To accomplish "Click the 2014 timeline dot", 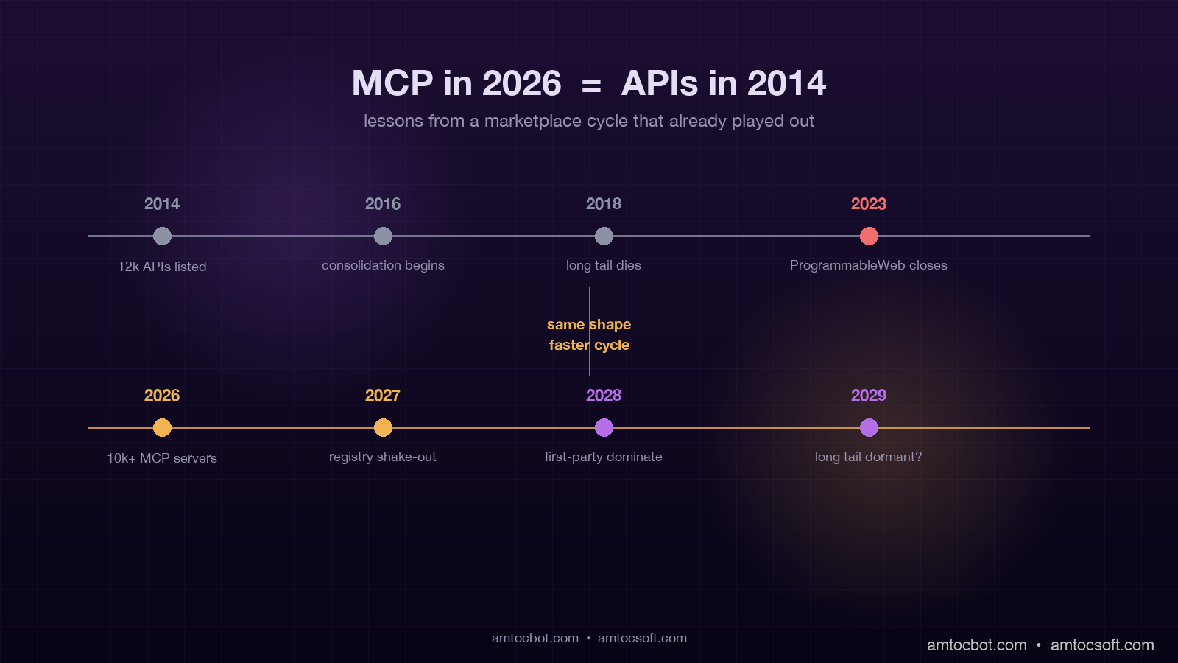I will tap(162, 236).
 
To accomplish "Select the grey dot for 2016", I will tap(383, 236).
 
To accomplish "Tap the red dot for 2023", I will tap(869, 236).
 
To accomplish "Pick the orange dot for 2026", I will tap(162, 428).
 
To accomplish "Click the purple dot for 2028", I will tap(604, 428).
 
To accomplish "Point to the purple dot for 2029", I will tap(869, 428).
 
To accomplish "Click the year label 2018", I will tap(604, 204).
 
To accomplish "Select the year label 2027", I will tap(383, 396).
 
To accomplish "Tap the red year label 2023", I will tap(869, 204).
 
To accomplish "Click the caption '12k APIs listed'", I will tap(162, 267).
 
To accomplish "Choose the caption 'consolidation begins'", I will tap(383, 265).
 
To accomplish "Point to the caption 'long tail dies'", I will tap(604, 265).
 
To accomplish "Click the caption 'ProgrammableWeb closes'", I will tap(869, 265).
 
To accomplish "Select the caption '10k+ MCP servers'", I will tap(162, 458).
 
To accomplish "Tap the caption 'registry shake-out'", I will tap(383, 457).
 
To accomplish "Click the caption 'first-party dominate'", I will tap(604, 457).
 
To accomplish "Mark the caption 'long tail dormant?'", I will tap(869, 457).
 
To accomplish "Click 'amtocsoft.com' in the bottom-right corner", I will tap(1102, 645).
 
